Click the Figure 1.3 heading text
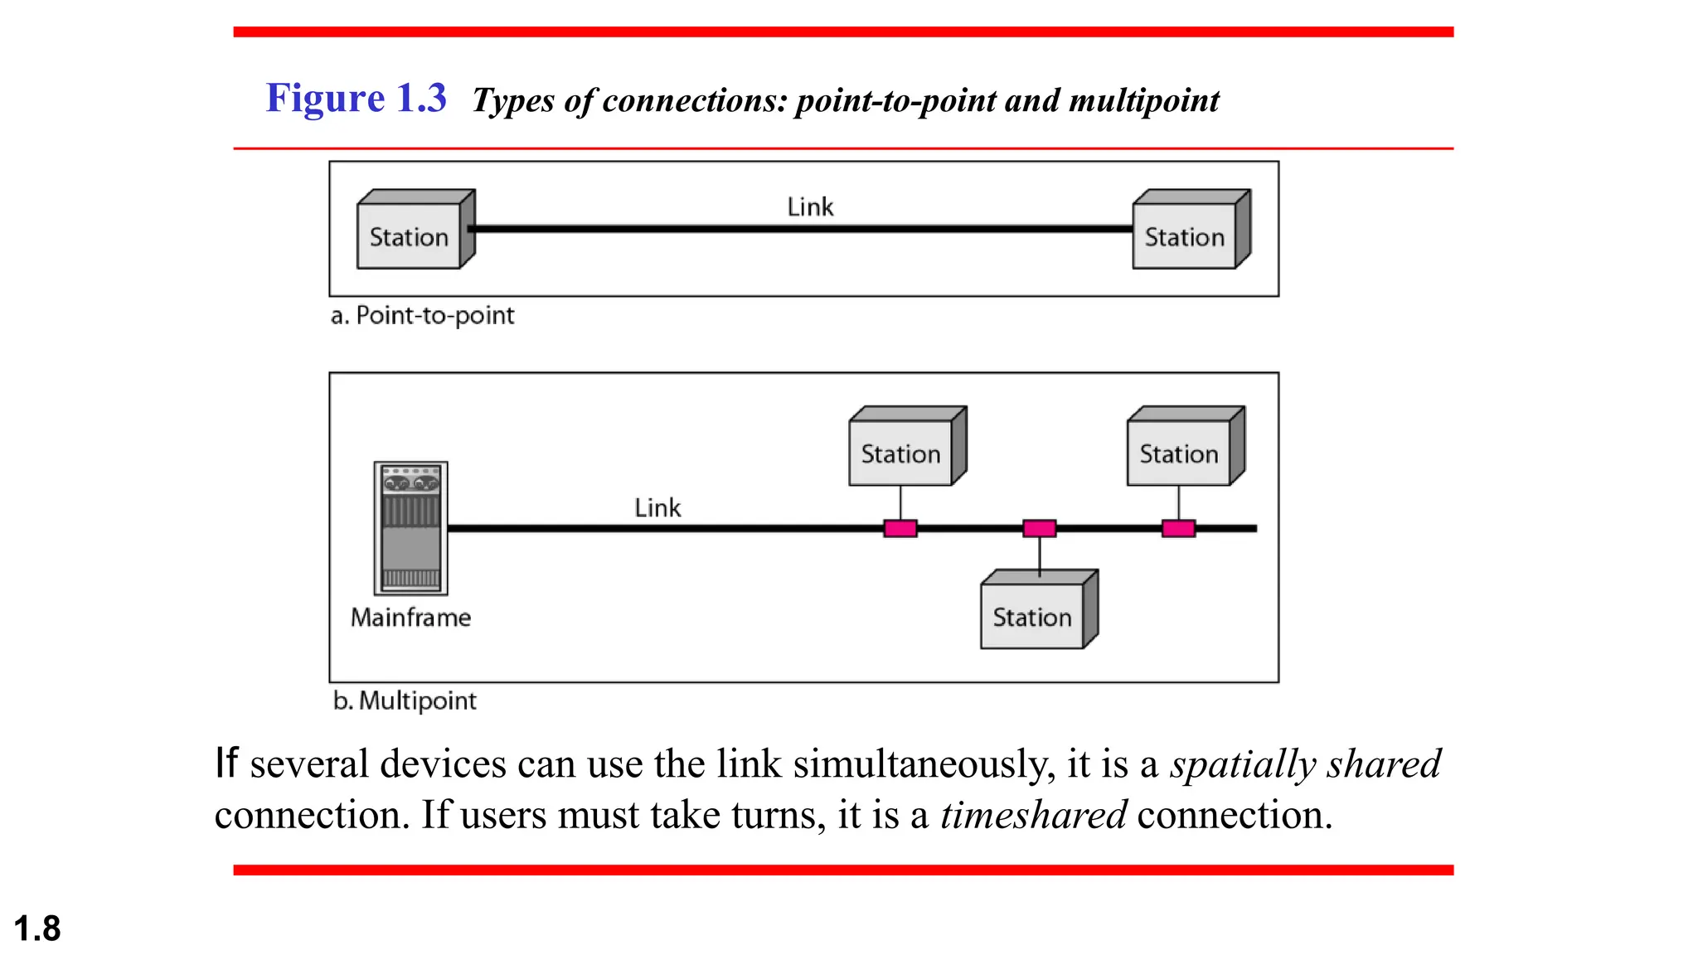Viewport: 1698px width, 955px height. coord(356,98)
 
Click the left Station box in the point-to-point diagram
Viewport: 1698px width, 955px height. coord(409,236)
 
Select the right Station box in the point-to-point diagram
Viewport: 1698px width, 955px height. coord(1185,236)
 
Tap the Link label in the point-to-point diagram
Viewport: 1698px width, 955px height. coord(810,206)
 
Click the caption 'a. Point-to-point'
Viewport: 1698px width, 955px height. coord(422,316)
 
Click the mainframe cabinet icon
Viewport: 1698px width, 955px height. coord(410,528)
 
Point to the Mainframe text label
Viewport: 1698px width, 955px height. coord(410,618)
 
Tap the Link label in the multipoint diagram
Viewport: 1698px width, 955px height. coord(657,507)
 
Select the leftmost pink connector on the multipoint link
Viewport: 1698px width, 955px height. coord(900,528)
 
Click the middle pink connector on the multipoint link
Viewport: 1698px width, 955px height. coord(1039,528)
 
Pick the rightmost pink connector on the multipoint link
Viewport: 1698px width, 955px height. coord(1178,528)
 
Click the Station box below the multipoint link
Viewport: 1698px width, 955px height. coord(1032,617)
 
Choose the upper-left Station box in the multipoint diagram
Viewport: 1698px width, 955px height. coord(900,453)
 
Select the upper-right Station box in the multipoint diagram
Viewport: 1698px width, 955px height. coord(1178,453)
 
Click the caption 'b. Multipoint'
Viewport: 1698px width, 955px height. coord(405,701)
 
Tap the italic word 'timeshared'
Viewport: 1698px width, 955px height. coord(1033,815)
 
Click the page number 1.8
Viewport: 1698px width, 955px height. coord(37,928)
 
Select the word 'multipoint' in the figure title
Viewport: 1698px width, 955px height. coord(1143,101)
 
